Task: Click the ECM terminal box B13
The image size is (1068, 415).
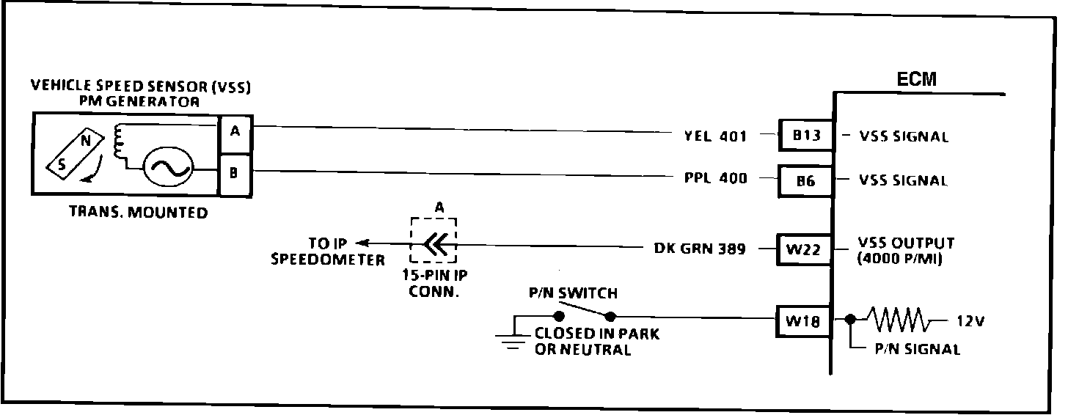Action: coord(805,135)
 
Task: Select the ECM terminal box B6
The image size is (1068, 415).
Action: coord(805,179)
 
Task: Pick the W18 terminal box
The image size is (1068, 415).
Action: coord(804,320)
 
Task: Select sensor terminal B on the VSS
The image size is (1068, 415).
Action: coord(235,173)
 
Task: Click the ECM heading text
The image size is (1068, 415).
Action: coord(917,79)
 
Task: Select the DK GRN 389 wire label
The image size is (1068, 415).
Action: coord(699,249)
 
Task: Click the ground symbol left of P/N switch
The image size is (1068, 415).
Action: coord(513,339)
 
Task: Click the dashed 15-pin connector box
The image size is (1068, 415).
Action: coord(434,240)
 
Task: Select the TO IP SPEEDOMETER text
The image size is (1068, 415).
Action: coord(327,251)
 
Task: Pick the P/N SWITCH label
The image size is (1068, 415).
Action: coord(573,293)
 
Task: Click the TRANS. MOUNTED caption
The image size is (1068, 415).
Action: coord(138,213)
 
